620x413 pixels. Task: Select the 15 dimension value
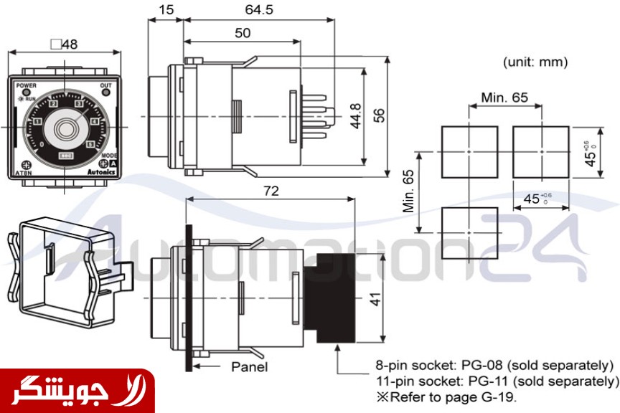tap(166, 10)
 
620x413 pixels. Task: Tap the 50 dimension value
tap(243, 33)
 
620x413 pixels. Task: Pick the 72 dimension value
tap(271, 191)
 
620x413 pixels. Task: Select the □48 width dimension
tap(65, 44)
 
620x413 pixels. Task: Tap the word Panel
tap(250, 367)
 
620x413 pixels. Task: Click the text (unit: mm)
tap(535, 62)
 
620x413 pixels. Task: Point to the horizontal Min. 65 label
tap(504, 97)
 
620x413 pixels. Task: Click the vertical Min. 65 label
tap(409, 191)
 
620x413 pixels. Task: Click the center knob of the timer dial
tap(67, 129)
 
